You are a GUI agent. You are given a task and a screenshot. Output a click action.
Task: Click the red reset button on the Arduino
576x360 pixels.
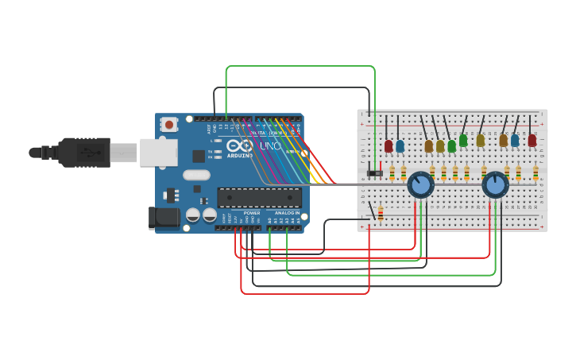click(168, 124)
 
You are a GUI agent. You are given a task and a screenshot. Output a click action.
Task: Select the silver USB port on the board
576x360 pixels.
click(158, 152)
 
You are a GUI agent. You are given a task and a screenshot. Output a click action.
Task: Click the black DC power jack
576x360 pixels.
click(163, 217)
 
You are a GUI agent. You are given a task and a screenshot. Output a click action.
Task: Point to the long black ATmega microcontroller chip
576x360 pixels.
click(259, 198)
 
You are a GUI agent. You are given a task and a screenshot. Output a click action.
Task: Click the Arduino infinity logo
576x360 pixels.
click(239, 146)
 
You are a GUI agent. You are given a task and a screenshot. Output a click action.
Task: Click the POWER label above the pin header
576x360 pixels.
click(252, 213)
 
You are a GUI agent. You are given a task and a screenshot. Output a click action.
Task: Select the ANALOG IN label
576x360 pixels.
click(287, 213)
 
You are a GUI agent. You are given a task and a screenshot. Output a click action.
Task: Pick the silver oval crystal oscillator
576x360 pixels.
click(196, 175)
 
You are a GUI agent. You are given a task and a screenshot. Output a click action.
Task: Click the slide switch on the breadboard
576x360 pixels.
click(374, 172)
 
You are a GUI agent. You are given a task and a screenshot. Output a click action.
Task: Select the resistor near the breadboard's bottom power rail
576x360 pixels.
click(380, 213)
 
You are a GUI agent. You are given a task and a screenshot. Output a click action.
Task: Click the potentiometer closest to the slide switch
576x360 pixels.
click(420, 185)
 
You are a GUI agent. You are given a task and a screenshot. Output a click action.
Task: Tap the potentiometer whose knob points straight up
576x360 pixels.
click(495, 185)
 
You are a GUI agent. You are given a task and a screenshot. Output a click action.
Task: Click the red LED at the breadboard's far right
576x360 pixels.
click(532, 141)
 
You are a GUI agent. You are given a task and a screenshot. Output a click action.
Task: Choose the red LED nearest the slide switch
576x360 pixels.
click(389, 146)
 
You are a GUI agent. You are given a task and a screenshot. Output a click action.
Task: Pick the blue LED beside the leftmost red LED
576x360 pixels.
click(400, 146)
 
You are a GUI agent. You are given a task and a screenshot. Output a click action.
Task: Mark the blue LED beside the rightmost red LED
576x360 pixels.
click(515, 141)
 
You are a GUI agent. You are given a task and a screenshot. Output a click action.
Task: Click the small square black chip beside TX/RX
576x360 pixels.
click(198, 157)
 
